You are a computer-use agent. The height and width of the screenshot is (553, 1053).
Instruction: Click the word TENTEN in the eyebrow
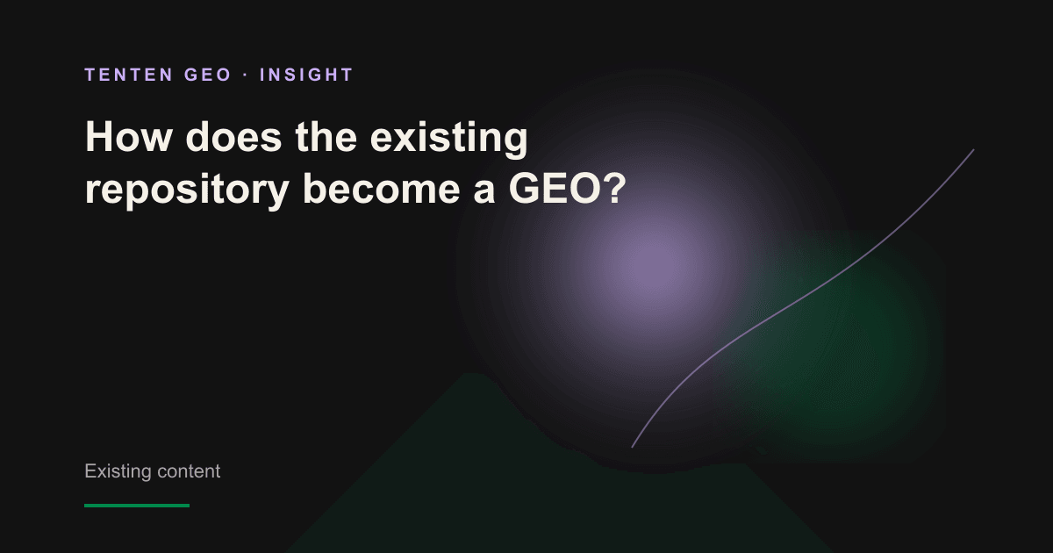point(129,75)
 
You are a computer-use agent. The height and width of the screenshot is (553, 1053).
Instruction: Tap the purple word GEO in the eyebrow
point(208,75)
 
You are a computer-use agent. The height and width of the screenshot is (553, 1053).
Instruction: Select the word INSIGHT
point(306,75)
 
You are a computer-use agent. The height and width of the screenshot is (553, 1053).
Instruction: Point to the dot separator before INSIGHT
point(246,75)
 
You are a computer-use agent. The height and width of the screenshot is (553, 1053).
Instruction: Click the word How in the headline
point(128,137)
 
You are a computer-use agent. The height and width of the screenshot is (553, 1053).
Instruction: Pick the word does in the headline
point(233,137)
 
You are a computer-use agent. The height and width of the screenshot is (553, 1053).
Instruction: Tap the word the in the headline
point(326,137)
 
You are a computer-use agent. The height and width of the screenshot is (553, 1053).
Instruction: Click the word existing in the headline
point(449,140)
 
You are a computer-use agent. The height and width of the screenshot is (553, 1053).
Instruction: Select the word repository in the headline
point(187,190)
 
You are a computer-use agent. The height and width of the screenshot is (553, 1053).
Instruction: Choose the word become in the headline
point(381,188)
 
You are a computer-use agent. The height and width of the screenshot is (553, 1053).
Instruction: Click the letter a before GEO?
point(484,192)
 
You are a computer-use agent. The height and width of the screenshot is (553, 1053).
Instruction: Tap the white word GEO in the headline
point(555,188)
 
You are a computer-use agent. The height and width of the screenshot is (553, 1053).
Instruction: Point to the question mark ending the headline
point(613,188)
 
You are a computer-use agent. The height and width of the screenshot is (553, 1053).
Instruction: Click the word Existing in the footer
point(118,471)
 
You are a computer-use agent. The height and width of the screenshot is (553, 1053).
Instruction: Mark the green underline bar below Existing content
point(137,506)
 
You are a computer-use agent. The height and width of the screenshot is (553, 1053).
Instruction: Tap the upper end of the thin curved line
point(973,150)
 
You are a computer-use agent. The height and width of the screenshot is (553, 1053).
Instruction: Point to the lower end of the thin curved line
point(633,447)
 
